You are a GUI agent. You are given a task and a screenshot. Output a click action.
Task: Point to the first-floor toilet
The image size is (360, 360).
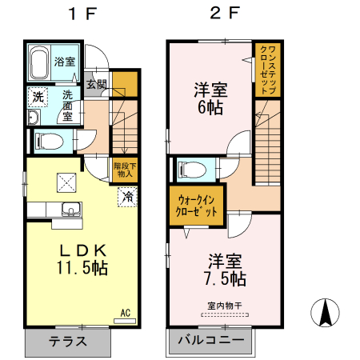tap(50, 142)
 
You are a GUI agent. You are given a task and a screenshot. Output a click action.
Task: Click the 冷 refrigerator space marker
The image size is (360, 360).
tap(127, 195)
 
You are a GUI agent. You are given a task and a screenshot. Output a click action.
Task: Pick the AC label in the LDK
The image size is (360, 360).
tap(126, 312)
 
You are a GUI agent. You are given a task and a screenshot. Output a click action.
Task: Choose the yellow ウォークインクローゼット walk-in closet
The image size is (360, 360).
tap(197, 205)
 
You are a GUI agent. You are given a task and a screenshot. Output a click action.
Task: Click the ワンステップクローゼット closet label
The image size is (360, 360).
tap(267, 70)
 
